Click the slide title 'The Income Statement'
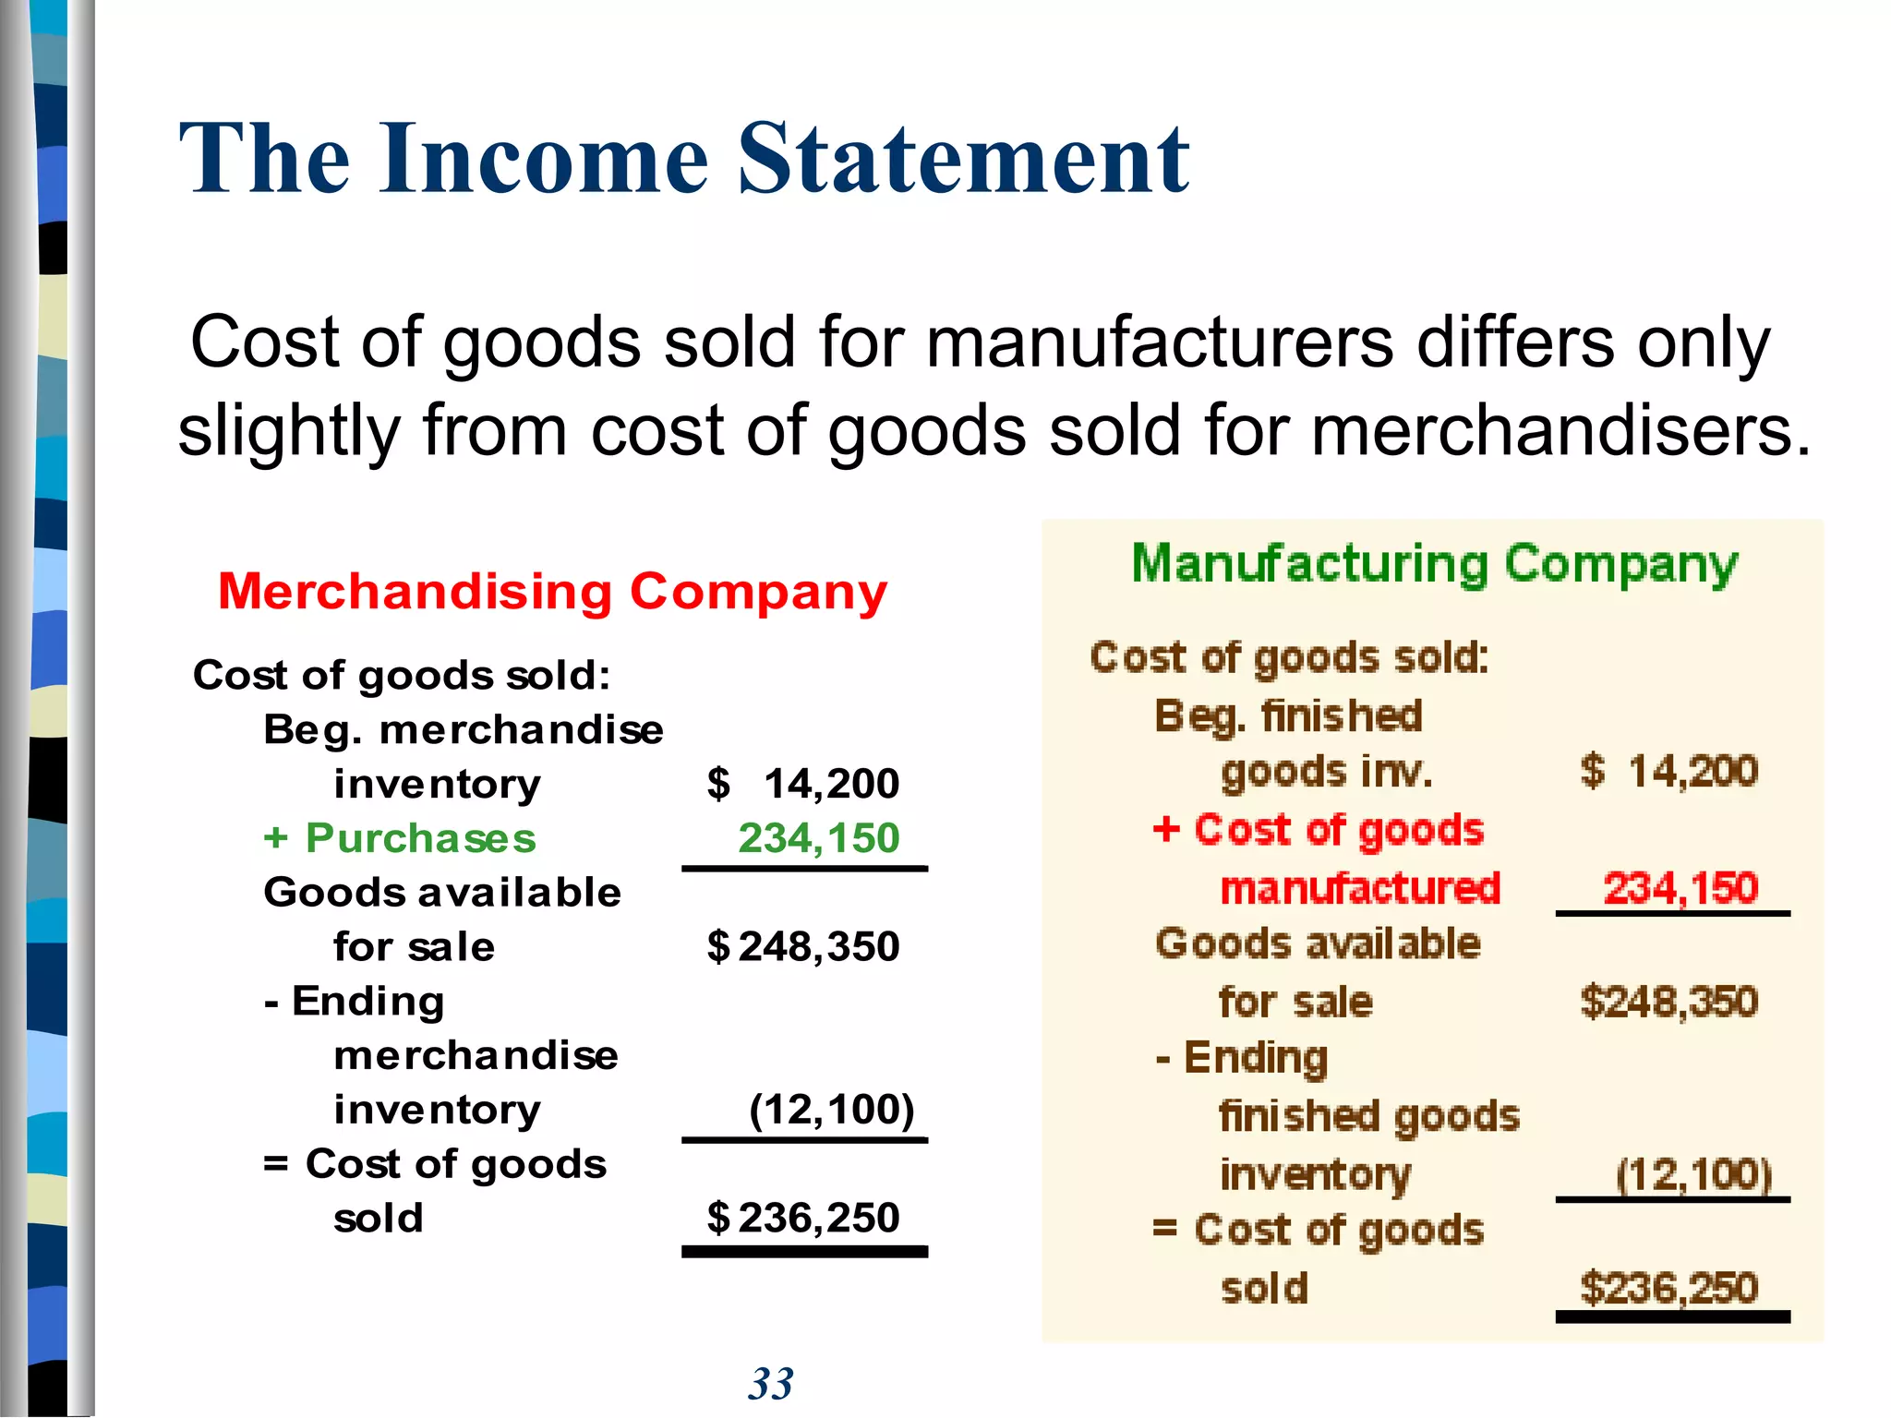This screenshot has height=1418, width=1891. pyautogui.click(x=684, y=159)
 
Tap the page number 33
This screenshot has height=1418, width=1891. pyautogui.click(x=771, y=1384)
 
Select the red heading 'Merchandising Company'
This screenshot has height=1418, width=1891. pyautogui.click(x=552, y=592)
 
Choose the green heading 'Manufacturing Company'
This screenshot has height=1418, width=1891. pyautogui.click(x=1435, y=564)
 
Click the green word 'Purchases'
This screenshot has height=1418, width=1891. pyautogui.click(x=420, y=838)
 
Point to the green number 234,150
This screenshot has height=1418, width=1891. pyautogui.click(x=818, y=838)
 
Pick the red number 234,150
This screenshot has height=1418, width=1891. pyautogui.click(x=1680, y=888)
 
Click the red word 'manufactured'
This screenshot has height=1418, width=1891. pyautogui.click(x=1360, y=888)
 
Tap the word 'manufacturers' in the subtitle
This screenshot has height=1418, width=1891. pyautogui.click(x=1159, y=342)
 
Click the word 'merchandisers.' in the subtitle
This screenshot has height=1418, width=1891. pyautogui.click(x=1560, y=431)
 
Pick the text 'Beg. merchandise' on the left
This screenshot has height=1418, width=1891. pyautogui.click(x=464, y=730)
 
